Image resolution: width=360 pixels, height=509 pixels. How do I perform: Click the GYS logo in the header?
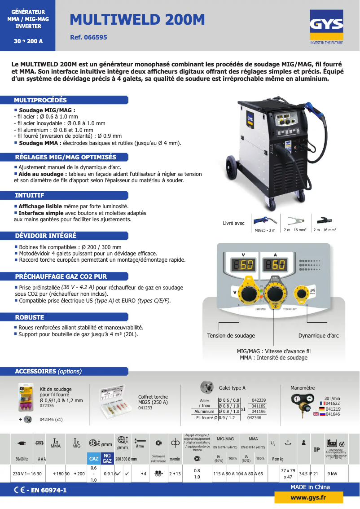[326, 28]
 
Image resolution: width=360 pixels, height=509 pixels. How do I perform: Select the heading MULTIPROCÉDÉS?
[40, 100]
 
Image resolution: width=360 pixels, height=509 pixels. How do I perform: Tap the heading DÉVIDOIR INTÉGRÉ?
[46, 236]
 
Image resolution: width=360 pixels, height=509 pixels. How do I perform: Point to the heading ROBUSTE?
[30, 317]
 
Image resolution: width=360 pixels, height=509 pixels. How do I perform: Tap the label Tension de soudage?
[231, 336]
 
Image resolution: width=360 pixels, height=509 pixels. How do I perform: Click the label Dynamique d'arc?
[318, 336]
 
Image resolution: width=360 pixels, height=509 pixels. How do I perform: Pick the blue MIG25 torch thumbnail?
[265, 220]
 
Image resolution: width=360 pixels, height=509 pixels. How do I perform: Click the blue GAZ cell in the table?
[93, 459]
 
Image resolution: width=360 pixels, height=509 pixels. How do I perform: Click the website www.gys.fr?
[308, 497]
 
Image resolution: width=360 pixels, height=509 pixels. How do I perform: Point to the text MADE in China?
[310, 487]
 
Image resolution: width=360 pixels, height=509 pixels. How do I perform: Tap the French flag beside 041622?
[322, 404]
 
